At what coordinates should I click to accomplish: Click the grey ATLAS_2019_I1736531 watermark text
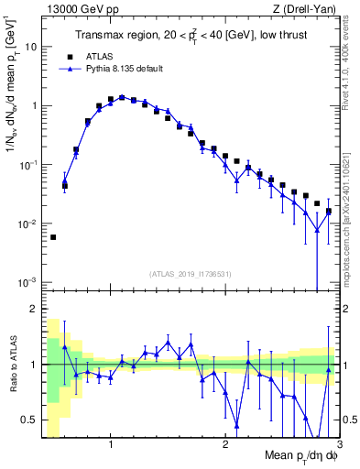pos(190,273)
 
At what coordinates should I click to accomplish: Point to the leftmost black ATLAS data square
pos(53,237)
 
